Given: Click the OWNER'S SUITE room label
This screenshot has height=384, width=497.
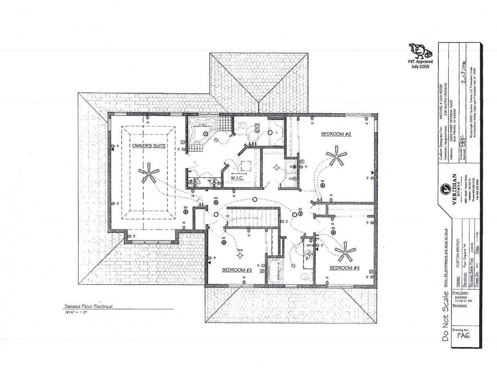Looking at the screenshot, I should tap(149, 146).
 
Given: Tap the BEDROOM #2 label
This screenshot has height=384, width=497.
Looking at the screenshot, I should tap(336, 134).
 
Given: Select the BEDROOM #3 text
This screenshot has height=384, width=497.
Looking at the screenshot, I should tap(237, 270).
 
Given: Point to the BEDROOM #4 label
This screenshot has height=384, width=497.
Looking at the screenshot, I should tap(345, 268).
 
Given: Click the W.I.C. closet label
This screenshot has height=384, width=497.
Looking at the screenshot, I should tap(237, 178).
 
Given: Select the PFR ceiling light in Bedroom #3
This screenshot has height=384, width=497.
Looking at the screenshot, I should tap(240, 256).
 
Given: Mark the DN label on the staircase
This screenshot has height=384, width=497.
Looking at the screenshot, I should tap(227, 216).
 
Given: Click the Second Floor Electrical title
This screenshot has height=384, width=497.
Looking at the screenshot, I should tap(88, 306).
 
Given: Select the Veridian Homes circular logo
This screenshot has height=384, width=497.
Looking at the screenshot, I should tap(445, 189).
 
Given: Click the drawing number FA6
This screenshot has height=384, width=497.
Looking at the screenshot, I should tap(463, 335).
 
